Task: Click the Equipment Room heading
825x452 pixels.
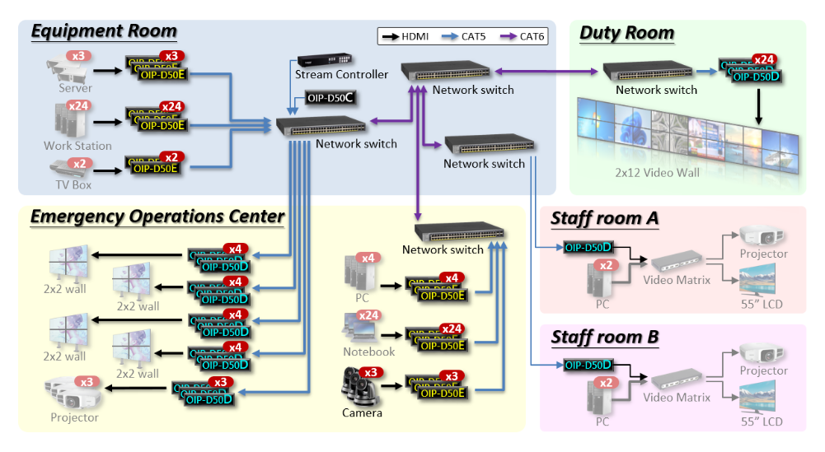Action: [x=104, y=32]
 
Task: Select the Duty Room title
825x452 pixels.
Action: [x=626, y=34]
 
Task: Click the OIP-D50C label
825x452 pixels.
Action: [x=330, y=98]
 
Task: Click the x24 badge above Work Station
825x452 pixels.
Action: [x=79, y=106]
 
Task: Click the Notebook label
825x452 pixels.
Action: [x=368, y=352]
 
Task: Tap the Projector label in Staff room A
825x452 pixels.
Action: [x=763, y=254]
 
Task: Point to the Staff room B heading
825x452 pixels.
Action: [x=604, y=338]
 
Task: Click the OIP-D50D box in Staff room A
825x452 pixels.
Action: [x=588, y=246]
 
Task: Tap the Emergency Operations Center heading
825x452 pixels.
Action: [x=157, y=217]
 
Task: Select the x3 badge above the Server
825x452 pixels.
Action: [x=79, y=57]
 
